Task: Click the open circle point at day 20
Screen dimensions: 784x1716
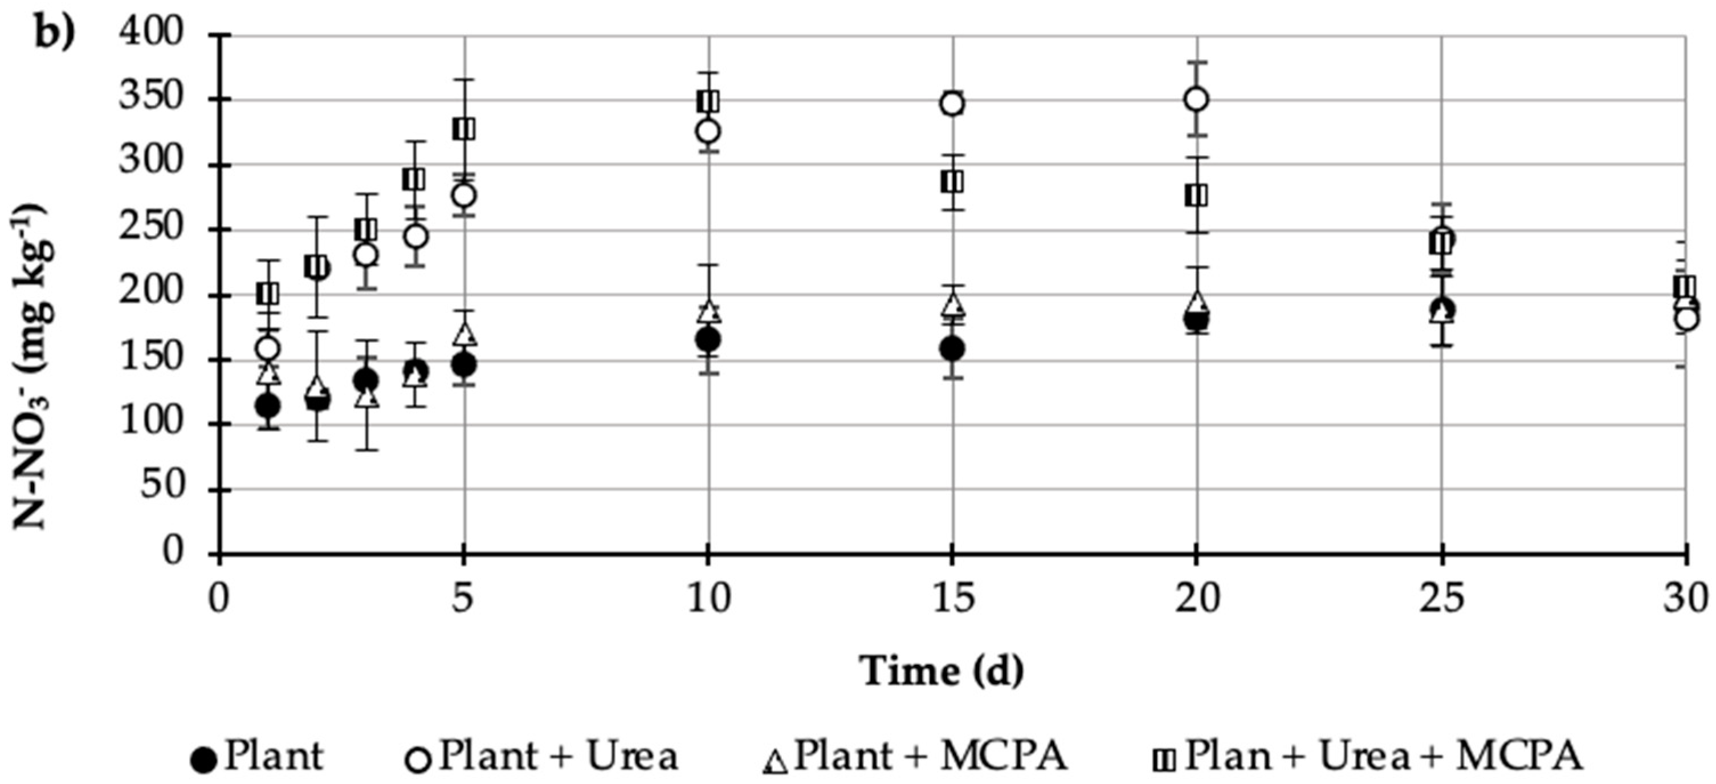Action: pos(1197,100)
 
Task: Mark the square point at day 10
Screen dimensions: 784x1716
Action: pos(708,102)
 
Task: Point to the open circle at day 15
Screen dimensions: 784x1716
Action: pos(952,104)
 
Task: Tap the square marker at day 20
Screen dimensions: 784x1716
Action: pos(1197,196)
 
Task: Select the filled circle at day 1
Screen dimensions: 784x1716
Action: pos(268,405)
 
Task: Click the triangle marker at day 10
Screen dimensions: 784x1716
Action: pos(709,311)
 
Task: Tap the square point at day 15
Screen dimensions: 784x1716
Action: pos(952,182)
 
